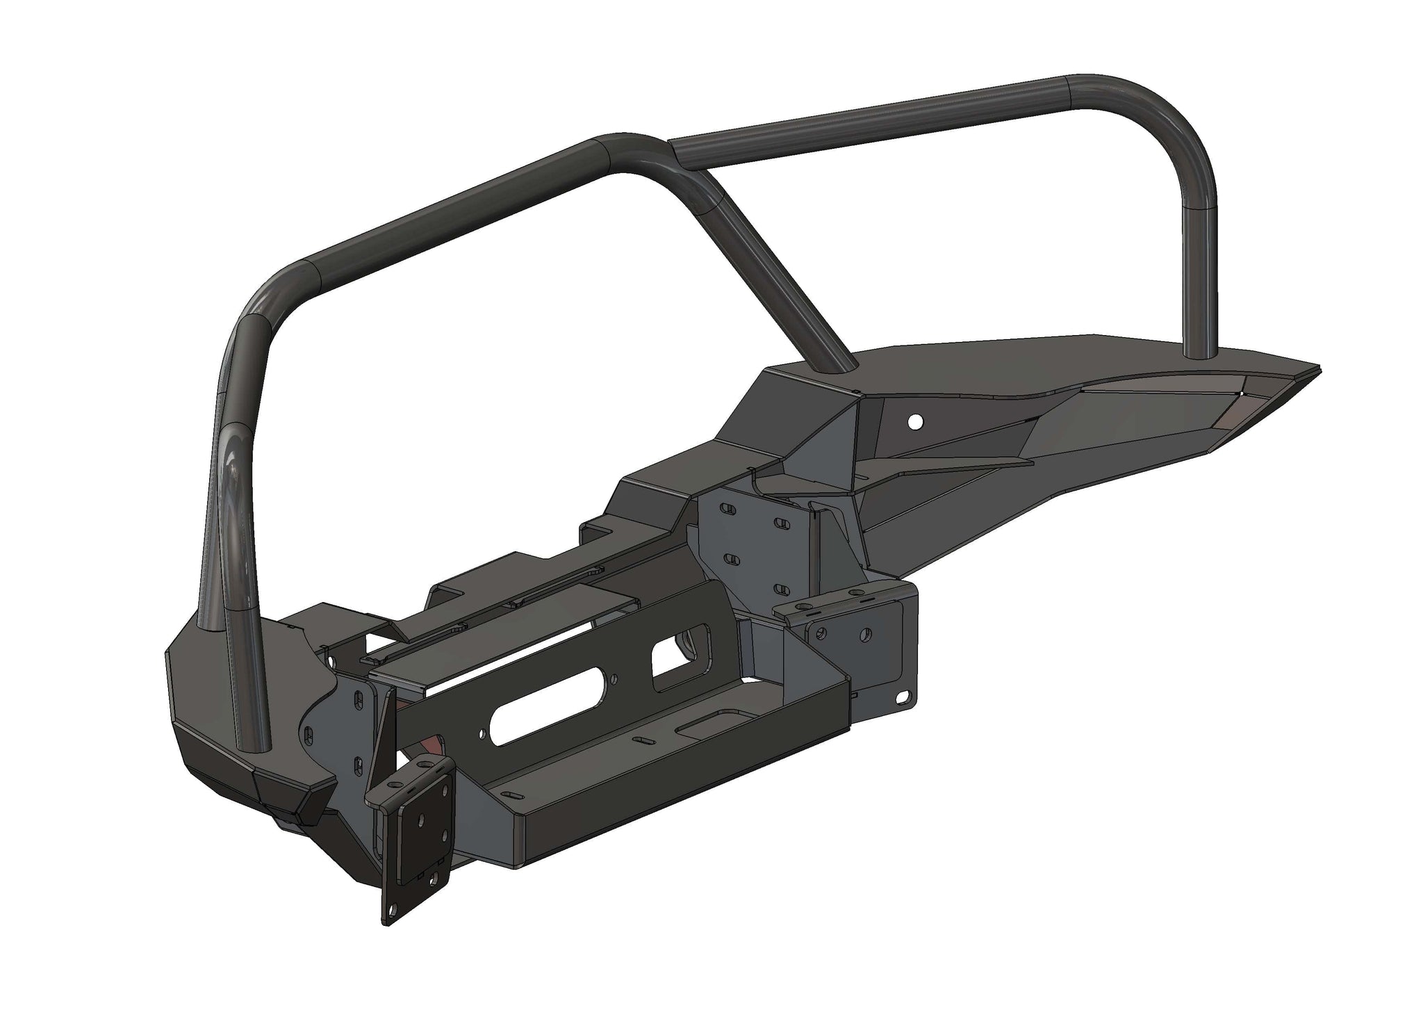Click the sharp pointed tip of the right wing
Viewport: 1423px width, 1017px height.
1317,367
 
